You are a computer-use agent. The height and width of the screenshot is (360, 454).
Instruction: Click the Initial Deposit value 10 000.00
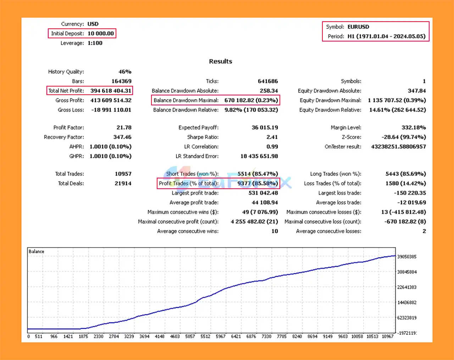pos(101,34)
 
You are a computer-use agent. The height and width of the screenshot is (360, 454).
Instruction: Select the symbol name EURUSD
pos(358,27)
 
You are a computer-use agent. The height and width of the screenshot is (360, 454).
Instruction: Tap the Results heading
pos(220,61)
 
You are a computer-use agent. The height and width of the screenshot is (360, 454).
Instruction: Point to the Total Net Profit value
pos(111,91)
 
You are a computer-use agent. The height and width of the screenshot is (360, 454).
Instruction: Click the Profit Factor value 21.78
pos(124,128)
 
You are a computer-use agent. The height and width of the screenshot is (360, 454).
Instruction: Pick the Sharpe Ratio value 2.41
pos(272,137)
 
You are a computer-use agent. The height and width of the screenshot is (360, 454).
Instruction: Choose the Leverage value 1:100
pos(95,43)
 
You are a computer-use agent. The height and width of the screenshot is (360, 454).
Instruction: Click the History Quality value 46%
pos(125,72)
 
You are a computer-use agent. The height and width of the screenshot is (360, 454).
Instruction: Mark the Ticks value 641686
pos(268,81)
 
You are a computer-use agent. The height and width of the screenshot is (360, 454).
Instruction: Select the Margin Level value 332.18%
pos(414,128)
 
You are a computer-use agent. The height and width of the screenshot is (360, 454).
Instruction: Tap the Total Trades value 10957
pos(123,174)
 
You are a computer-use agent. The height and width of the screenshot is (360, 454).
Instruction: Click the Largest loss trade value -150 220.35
pos(410,193)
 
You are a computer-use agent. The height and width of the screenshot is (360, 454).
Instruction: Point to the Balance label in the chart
pos(36,251)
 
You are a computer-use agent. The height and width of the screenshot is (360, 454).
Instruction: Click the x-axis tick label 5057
pos(190,336)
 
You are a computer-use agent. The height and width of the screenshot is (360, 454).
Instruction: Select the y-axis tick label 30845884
pos(407,272)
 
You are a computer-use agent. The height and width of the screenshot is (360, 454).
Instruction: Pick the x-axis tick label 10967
pos(388,336)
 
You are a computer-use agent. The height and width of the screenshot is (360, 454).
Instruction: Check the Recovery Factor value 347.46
pos(122,137)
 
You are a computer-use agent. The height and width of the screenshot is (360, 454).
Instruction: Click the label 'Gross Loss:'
pos(71,110)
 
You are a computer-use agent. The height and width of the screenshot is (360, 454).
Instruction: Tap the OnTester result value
pos(398,147)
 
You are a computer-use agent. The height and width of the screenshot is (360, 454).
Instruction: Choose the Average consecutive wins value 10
pos(275,231)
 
